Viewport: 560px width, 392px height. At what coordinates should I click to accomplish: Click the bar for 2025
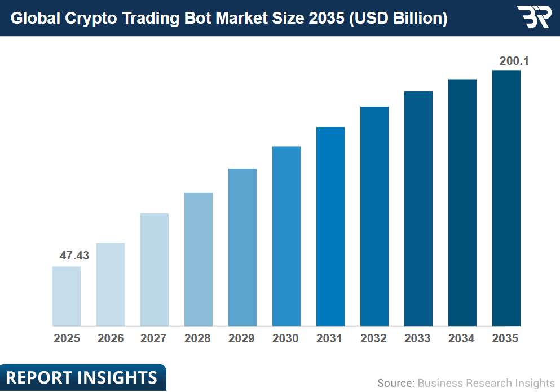click(67, 296)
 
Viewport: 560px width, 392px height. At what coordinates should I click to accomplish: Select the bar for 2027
click(155, 270)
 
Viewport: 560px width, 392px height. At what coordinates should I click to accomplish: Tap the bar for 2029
click(242, 247)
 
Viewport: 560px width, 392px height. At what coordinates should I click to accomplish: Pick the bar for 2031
click(330, 227)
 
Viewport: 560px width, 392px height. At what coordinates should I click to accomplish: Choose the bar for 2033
click(418, 209)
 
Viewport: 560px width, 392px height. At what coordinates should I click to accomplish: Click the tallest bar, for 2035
click(506, 198)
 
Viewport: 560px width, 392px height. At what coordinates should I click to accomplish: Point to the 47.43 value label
click(74, 256)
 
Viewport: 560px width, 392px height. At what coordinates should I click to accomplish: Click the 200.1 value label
click(514, 61)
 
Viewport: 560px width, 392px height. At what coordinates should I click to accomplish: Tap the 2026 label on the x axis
click(111, 339)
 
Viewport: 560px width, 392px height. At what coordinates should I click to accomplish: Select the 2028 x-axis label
click(198, 339)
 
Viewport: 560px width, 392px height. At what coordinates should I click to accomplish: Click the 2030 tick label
click(286, 339)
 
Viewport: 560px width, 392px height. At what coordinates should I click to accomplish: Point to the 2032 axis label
click(374, 339)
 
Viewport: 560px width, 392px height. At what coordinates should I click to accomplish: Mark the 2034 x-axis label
click(462, 339)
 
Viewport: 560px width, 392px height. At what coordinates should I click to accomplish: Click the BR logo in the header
click(533, 17)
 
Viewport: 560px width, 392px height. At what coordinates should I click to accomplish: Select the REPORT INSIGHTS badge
click(82, 377)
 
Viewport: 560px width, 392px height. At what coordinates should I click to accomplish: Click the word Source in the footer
click(395, 383)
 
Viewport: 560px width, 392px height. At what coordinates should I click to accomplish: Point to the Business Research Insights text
click(486, 383)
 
